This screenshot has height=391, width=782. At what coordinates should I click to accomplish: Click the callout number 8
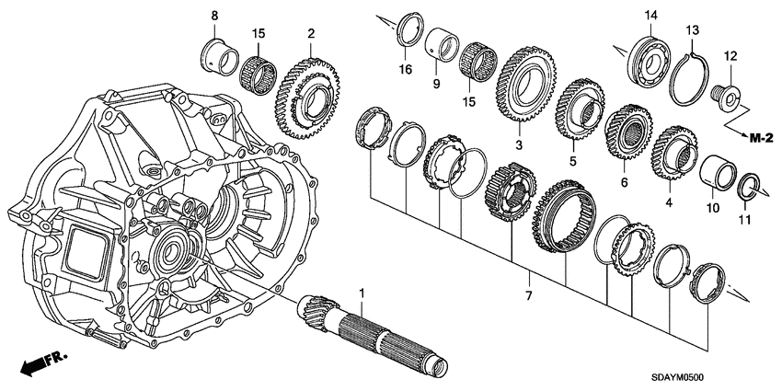point(214,17)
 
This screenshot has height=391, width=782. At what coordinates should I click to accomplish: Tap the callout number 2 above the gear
point(312,35)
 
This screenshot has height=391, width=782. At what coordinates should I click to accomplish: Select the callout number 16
point(403,69)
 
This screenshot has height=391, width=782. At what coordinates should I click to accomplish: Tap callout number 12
point(730,58)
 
